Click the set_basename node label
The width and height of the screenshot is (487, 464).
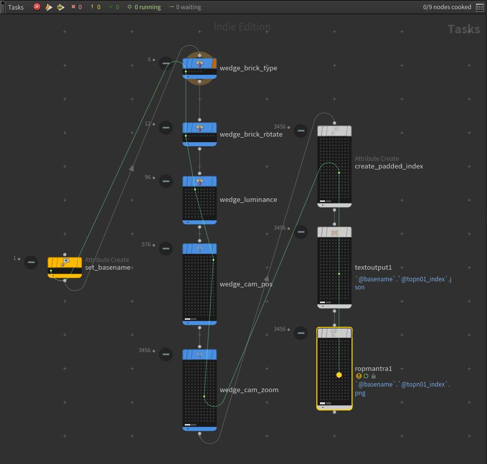(108, 268)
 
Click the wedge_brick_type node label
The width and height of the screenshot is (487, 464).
(248, 68)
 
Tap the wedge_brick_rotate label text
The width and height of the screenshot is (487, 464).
(251, 135)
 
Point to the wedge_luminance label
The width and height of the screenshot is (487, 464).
(248, 200)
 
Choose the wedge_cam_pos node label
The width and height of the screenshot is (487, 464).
(246, 284)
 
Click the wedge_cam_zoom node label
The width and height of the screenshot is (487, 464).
(249, 390)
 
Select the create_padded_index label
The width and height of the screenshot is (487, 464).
(389, 166)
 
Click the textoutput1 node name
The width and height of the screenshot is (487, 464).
(373, 268)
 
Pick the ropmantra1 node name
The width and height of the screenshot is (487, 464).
(373, 369)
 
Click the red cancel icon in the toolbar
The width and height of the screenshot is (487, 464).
(37, 7)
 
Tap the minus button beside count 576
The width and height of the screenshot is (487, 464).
(166, 248)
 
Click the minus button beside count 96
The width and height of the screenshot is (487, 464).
(166, 181)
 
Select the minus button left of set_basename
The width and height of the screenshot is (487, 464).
(31, 262)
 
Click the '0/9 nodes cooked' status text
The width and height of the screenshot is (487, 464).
(447, 7)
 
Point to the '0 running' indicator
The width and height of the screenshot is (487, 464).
(147, 7)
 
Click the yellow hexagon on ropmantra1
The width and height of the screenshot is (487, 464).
(339, 375)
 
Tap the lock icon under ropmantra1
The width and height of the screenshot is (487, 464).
(374, 376)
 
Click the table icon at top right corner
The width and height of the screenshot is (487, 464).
(479, 7)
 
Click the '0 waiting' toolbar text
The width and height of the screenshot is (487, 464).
(188, 7)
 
